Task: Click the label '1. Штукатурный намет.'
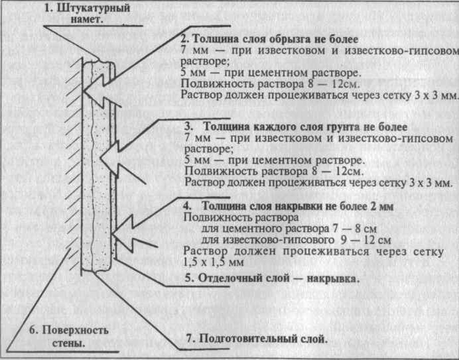87,13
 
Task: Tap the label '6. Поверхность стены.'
69,336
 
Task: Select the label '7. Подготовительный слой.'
257,338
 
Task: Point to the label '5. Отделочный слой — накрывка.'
272,278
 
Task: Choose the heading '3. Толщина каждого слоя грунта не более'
296,127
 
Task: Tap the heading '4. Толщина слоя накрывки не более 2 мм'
288,206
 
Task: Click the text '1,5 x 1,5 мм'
213,262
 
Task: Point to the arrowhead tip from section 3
100,158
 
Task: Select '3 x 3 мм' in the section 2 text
436,95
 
